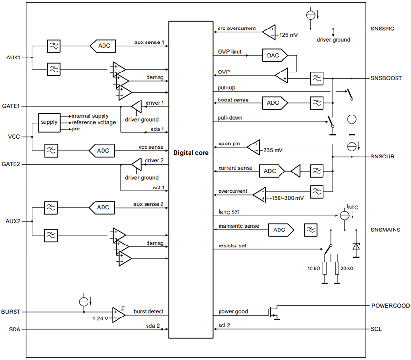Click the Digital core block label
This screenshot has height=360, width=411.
[191, 153]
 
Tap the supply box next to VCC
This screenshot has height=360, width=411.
[49, 122]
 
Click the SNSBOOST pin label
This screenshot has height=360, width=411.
[386, 78]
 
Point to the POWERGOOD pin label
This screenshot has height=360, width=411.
[390, 306]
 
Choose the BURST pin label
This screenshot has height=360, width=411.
[11, 312]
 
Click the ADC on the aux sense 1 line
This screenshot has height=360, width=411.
[103, 46]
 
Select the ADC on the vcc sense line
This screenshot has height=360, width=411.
[103, 151]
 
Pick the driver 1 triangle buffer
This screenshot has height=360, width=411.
[137, 106]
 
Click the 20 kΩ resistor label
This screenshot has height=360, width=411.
[347, 268]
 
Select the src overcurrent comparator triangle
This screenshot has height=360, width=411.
[269, 32]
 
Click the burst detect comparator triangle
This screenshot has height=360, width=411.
[118, 315]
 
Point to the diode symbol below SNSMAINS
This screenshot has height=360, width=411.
[356, 247]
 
